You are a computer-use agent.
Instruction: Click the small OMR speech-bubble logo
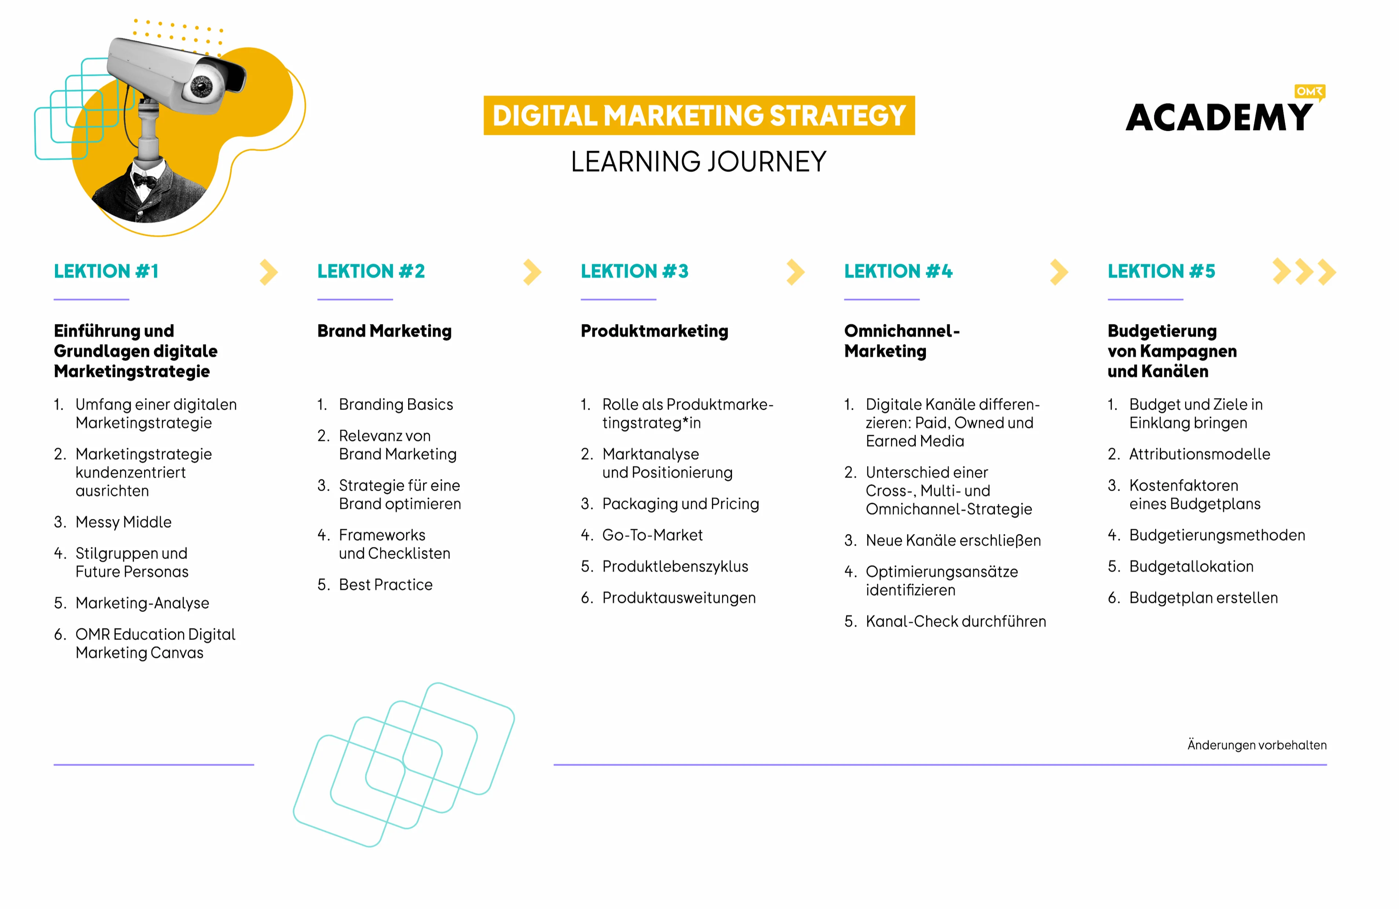coord(1309,92)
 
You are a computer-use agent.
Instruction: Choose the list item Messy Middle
coord(124,522)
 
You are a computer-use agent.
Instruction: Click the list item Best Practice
coord(386,585)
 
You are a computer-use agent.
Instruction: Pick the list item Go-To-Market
coord(652,535)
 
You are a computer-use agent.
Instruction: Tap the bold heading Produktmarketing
coord(654,331)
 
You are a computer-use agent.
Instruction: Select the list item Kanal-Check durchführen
coord(956,621)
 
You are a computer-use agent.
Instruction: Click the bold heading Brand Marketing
coord(384,331)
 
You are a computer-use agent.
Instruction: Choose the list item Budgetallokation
coord(1191,566)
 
